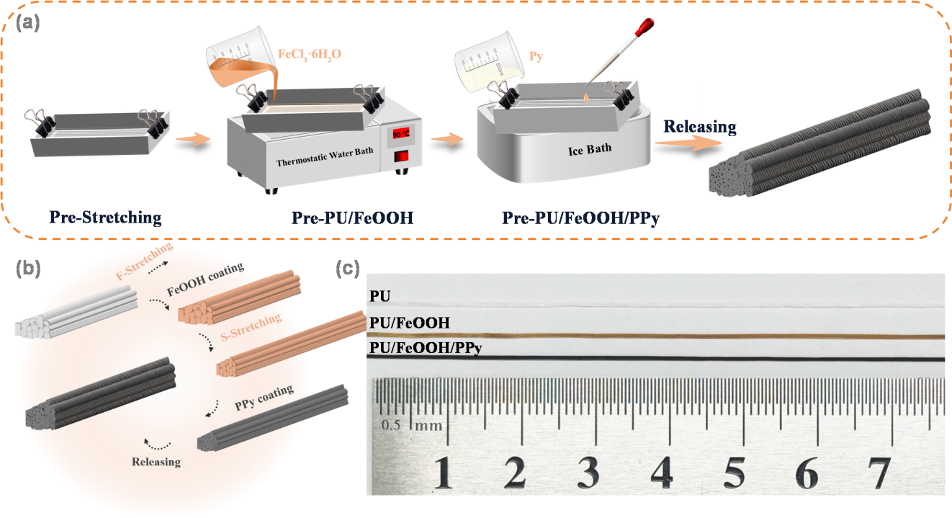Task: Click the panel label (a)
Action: tap(27, 23)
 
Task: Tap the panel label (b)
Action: tap(28, 268)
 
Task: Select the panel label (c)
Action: tap(348, 268)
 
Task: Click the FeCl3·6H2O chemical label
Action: tap(310, 55)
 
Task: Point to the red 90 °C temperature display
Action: tap(401, 134)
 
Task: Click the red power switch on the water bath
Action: tap(401, 156)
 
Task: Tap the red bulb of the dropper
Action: tap(645, 27)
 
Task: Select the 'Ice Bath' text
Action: tap(590, 150)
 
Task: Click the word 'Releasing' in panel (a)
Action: tap(700, 127)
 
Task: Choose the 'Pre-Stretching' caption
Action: tap(105, 218)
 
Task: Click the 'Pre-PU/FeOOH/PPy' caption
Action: tap(580, 218)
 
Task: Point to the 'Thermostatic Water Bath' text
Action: tap(325, 157)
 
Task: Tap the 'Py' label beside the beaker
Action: tap(536, 57)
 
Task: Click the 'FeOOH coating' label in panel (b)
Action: tap(205, 279)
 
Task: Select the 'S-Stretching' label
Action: tap(251, 328)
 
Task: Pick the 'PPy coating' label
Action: tap(264, 398)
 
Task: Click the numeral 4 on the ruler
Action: tap(662, 473)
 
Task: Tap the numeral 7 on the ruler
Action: tap(879, 473)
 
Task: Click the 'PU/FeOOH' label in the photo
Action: tap(410, 323)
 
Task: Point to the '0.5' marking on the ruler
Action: tap(390, 425)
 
